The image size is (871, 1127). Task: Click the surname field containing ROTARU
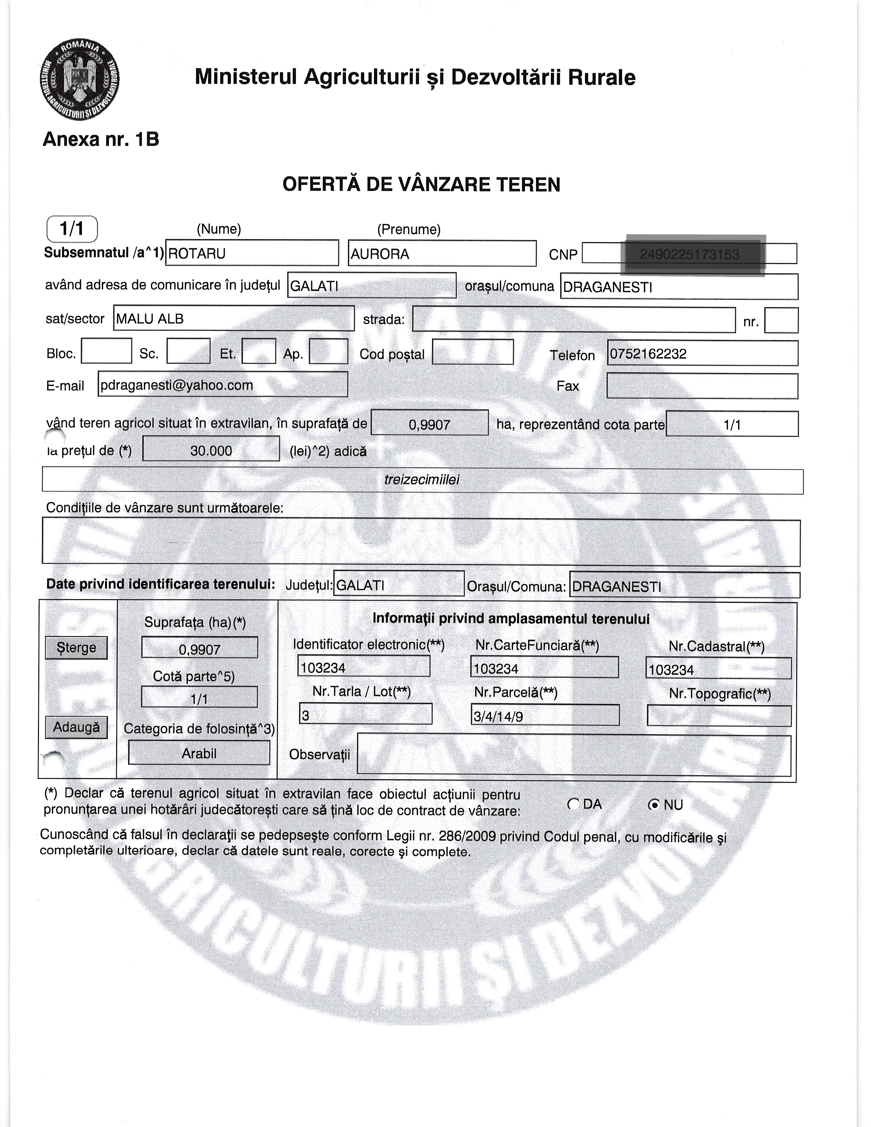(x=252, y=253)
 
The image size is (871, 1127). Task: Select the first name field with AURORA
(x=442, y=253)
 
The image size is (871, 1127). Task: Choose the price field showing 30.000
(x=211, y=450)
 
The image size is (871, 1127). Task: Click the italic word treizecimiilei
(x=421, y=480)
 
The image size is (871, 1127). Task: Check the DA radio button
(x=573, y=804)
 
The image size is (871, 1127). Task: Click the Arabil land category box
(x=199, y=753)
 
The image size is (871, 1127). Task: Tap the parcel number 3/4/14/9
(x=544, y=715)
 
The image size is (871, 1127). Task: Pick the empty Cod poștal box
(x=473, y=352)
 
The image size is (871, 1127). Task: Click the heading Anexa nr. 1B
(x=101, y=139)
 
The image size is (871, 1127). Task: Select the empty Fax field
(x=702, y=386)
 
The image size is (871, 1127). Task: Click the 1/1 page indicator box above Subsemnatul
(x=72, y=228)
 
